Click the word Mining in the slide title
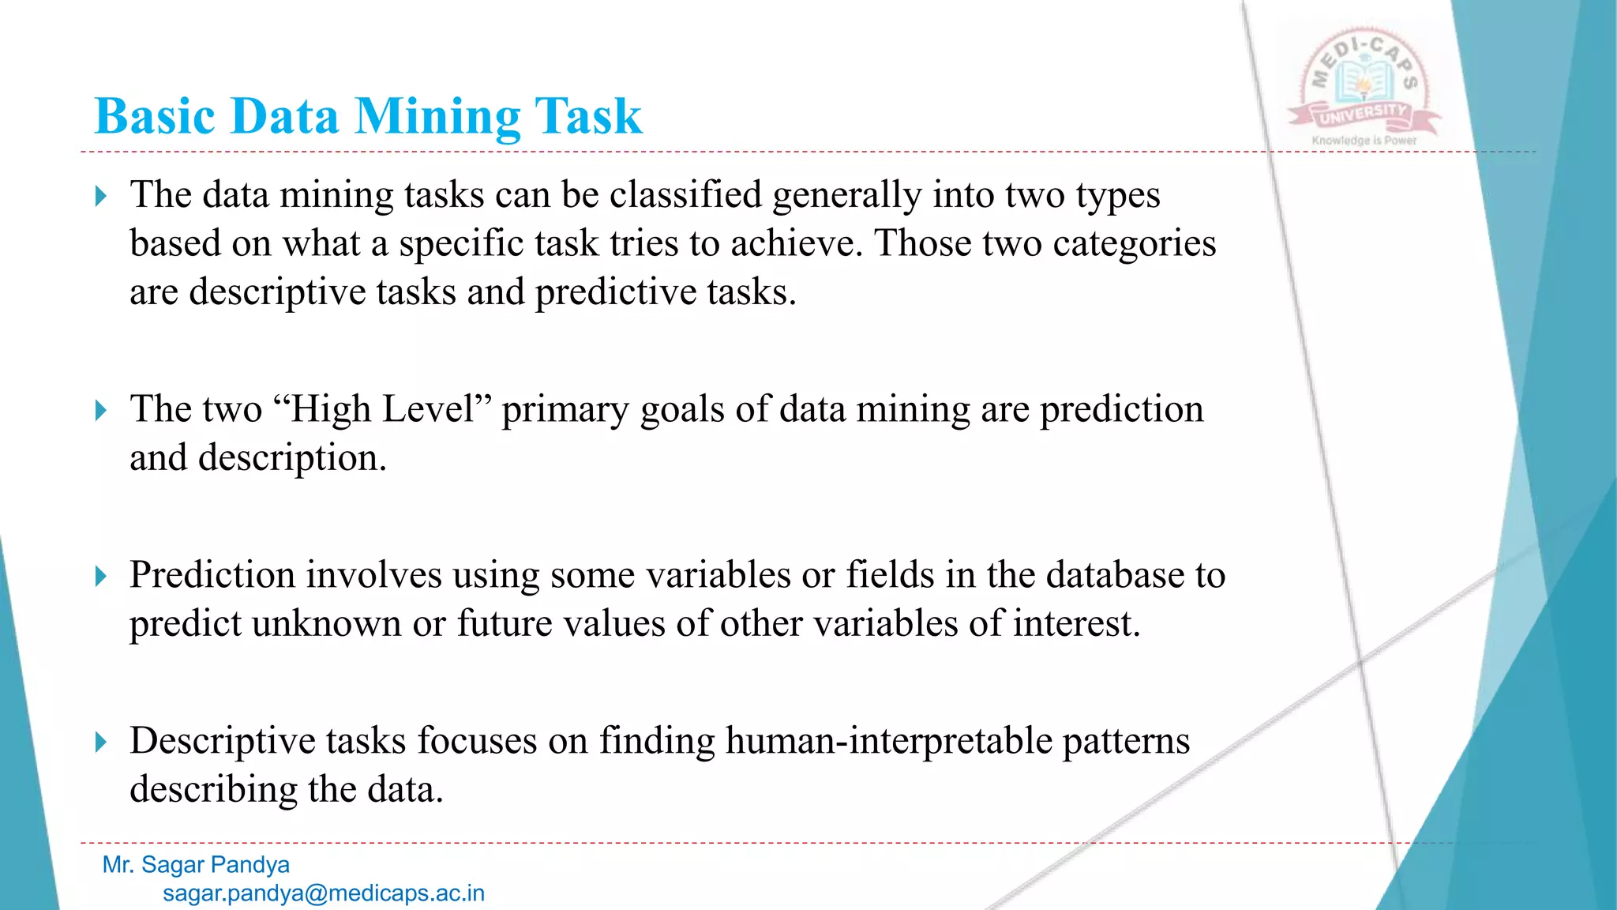(x=437, y=117)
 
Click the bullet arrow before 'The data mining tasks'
(x=100, y=196)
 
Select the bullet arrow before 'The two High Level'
(x=100, y=411)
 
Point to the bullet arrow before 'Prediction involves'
(x=100, y=576)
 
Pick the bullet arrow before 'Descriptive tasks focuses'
(x=100, y=742)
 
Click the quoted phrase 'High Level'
(x=382, y=410)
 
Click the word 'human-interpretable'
(x=889, y=742)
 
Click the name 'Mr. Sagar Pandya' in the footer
(x=196, y=865)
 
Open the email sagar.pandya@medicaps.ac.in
(x=324, y=893)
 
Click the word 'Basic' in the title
(x=155, y=117)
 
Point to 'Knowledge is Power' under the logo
(x=1364, y=141)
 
